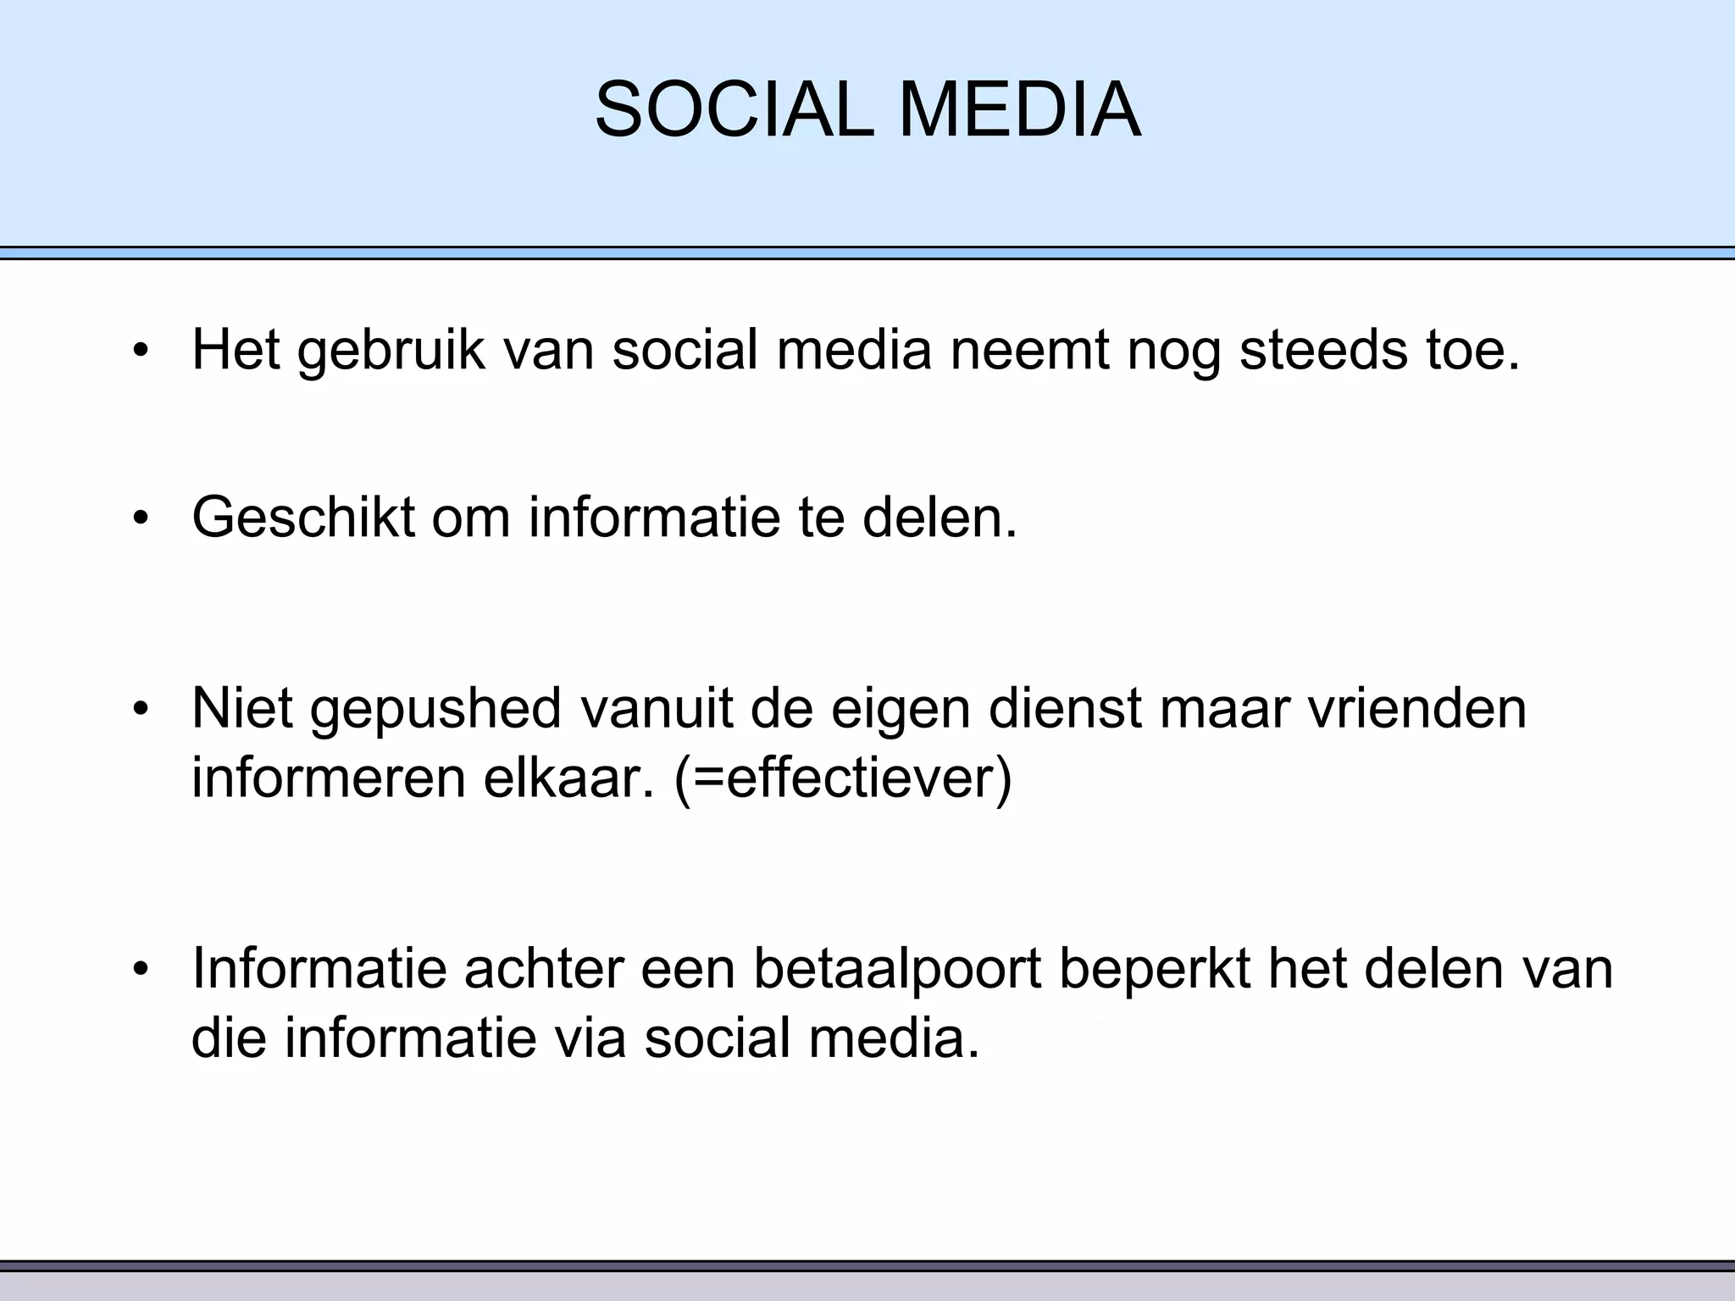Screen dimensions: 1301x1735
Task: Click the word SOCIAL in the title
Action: (734, 110)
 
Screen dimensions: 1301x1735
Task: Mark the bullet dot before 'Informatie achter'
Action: (141, 968)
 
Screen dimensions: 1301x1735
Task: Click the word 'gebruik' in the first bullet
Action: (391, 350)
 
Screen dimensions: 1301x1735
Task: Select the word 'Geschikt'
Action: (302, 517)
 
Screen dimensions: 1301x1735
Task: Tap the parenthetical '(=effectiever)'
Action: (843, 778)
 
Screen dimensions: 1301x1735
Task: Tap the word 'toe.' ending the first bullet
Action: (1472, 350)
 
